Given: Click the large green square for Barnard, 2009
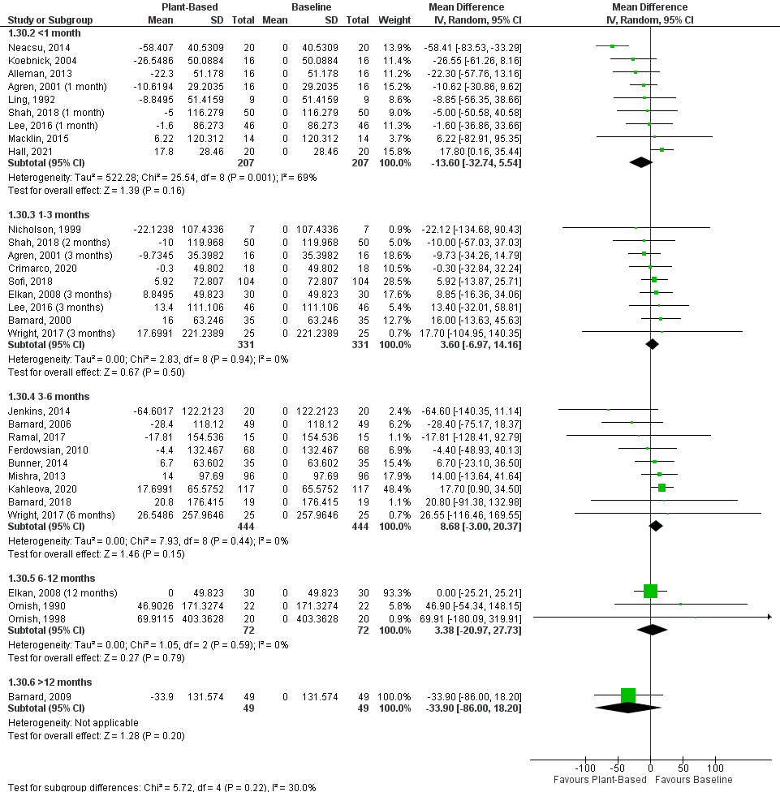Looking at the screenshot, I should (628, 695).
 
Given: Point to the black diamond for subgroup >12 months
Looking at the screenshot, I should (628, 708).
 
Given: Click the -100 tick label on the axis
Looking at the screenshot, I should (584, 768).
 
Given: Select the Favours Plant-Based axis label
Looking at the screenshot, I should (600, 780).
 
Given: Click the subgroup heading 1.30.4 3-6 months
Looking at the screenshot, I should (51, 396).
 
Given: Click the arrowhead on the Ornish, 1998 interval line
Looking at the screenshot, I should (767, 618).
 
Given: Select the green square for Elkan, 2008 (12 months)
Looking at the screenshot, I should (650, 592).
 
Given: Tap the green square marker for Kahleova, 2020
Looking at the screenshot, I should (662, 488).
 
